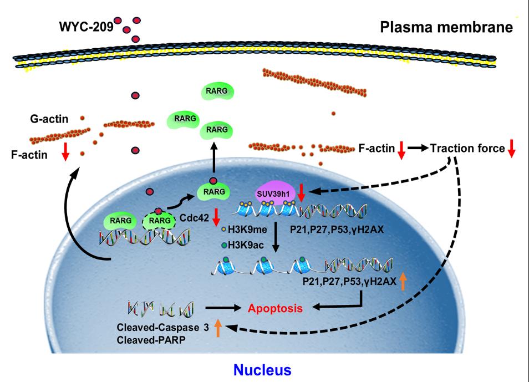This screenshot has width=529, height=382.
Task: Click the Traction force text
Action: tap(467, 148)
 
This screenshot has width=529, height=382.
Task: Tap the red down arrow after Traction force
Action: tap(512, 149)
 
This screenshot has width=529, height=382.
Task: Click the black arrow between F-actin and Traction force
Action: tap(418, 149)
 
